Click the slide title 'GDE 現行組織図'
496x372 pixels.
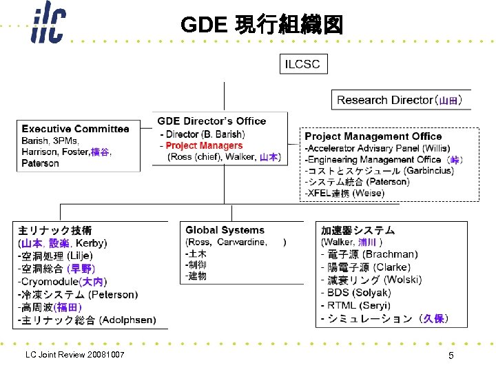click(261, 25)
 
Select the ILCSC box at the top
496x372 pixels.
click(302, 64)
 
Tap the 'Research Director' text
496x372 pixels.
click(384, 100)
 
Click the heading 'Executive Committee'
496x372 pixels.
click(75, 129)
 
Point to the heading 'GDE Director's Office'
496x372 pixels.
click(211, 121)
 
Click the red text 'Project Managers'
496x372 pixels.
click(204, 145)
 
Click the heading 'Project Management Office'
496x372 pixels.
click(373, 136)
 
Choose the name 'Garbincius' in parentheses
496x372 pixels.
click(429, 170)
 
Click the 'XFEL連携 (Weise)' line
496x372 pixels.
click(344, 194)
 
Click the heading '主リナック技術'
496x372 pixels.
click(54, 230)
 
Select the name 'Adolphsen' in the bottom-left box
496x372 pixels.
click(127, 320)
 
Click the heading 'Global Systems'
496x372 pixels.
click(225, 230)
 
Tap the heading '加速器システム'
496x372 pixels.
click(358, 230)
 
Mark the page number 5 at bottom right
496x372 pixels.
click(451, 355)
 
